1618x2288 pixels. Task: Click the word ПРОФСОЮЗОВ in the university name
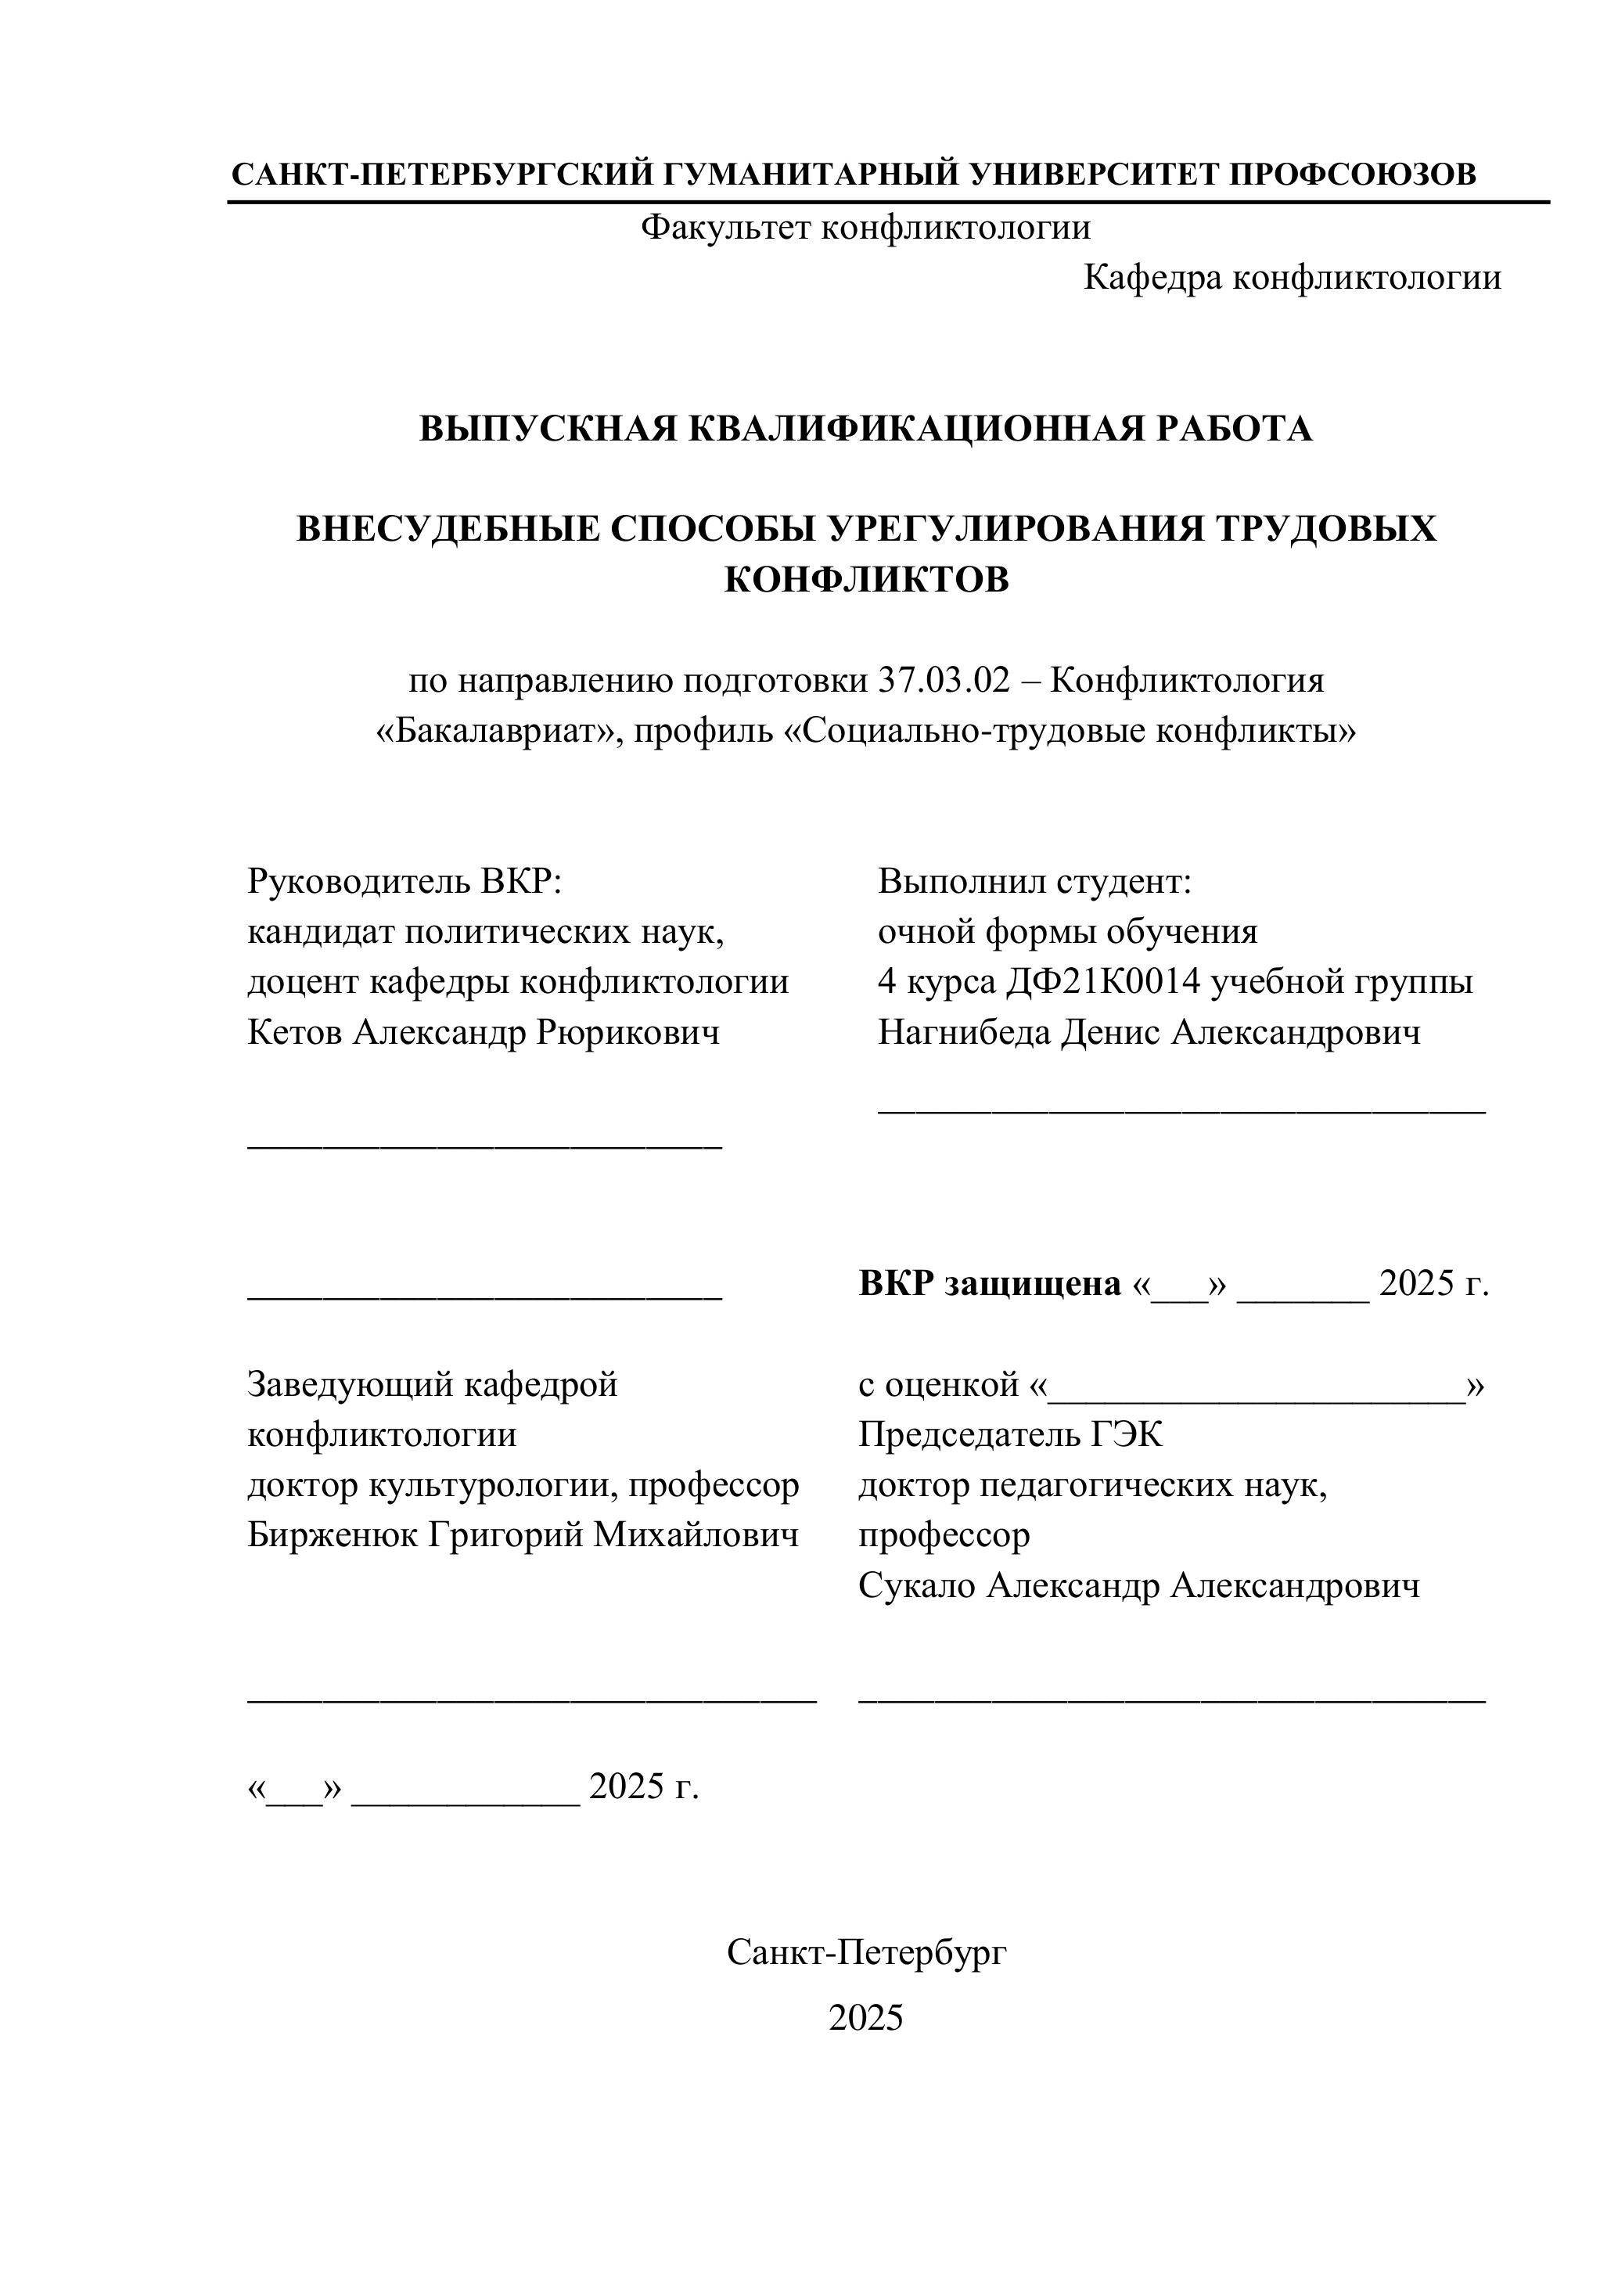pyautogui.click(x=1352, y=174)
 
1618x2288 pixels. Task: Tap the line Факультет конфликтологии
pyautogui.click(x=865, y=228)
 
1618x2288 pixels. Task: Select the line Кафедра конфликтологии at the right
pyautogui.click(x=1291, y=277)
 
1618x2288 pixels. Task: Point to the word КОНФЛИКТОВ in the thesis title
pyautogui.click(x=866, y=579)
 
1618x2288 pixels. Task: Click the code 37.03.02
pyautogui.click(x=944, y=681)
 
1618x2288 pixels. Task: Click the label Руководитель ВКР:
pyautogui.click(x=405, y=881)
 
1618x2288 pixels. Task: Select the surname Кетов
pyautogui.click(x=295, y=1032)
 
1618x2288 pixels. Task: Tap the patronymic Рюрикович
pyautogui.click(x=627, y=1032)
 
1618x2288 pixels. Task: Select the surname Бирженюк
pyautogui.click(x=333, y=1535)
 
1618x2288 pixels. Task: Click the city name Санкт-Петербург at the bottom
pyautogui.click(x=866, y=1952)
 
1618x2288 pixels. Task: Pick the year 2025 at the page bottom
pyautogui.click(x=866, y=2018)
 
